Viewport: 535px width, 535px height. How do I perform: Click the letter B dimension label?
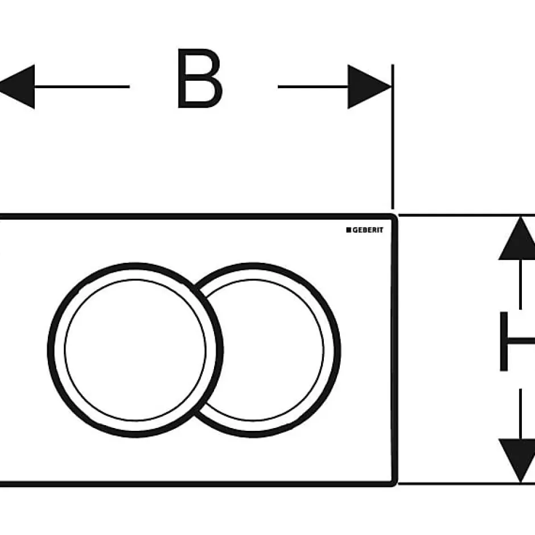coord(200,79)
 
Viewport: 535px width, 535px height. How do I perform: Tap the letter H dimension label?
coord(517,341)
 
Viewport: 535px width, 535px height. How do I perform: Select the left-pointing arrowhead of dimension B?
coord(17,87)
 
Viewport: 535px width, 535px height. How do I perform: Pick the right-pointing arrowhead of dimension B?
coord(370,87)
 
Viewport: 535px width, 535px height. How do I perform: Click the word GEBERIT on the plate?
coord(368,231)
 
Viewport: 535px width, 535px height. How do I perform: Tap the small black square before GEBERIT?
coord(349,230)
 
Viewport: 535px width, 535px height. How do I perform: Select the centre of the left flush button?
coord(135,350)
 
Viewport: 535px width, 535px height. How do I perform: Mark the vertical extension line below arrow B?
coord(393,137)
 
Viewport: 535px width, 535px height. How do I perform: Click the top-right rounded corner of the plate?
coord(394,216)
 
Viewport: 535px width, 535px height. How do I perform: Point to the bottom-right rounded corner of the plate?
coord(394,483)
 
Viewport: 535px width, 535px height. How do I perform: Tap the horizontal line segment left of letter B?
coord(82,87)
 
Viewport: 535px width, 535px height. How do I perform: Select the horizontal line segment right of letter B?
coord(313,87)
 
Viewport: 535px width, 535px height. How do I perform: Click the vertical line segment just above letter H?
coord(520,285)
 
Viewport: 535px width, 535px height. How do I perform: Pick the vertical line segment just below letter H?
coord(520,414)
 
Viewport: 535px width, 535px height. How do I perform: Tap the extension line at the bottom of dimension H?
coord(467,483)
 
